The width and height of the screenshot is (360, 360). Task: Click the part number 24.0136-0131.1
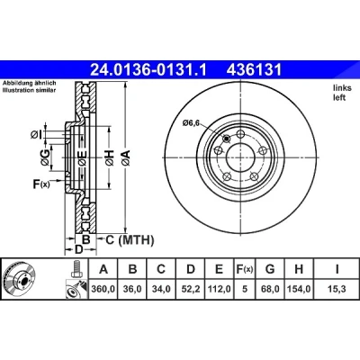point(148,70)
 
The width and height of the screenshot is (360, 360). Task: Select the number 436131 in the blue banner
point(254,70)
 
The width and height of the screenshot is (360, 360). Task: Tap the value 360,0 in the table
point(103,289)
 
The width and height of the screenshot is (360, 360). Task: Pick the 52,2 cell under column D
point(191,289)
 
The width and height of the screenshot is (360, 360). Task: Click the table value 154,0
point(299,289)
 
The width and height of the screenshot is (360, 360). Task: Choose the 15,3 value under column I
point(337,289)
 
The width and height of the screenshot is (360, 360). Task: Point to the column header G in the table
point(270,269)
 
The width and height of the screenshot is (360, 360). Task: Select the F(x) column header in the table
point(245,269)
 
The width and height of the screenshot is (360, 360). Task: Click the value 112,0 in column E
point(219,289)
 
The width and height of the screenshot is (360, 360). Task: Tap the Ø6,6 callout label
point(191,123)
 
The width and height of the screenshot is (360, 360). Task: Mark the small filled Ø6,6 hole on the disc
point(227,139)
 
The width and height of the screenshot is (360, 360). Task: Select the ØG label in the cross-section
point(45,157)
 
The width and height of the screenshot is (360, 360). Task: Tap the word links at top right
point(342,88)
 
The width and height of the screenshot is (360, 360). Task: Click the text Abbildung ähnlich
point(30,83)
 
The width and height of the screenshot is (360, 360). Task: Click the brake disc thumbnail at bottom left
point(19,277)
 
